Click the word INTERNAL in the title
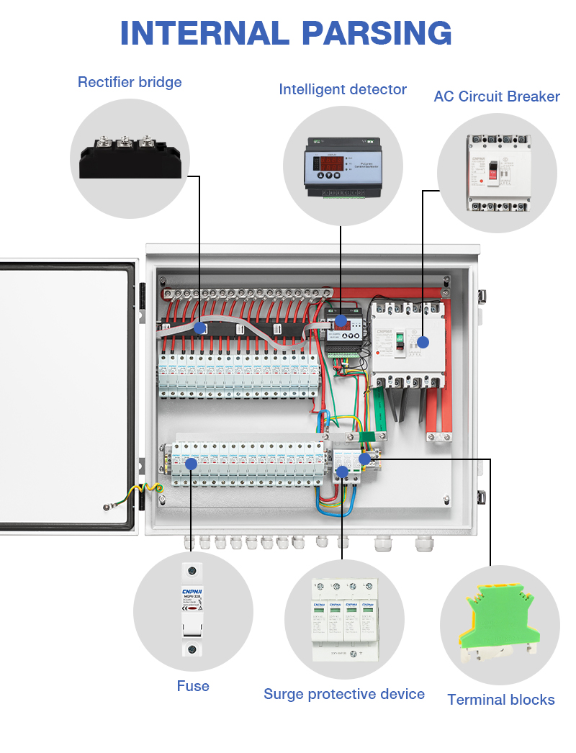[204, 33]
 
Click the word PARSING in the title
[377, 33]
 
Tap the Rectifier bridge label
[130, 82]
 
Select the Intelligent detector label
[343, 89]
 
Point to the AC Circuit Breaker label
[497, 96]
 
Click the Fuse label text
[193, 686]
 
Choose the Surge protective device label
[344, 694]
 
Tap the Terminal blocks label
[501, 700]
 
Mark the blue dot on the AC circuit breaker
[423, 342]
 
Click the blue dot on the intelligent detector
[341, 321]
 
